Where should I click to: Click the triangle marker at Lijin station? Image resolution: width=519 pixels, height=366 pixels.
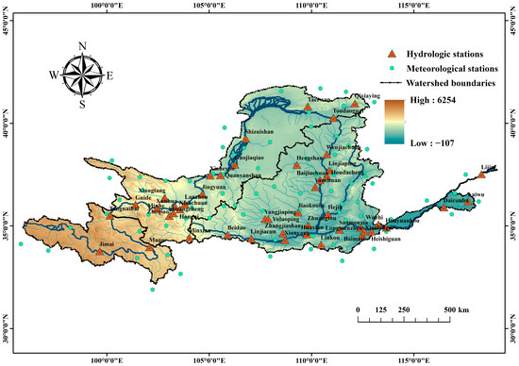tap(481, 174)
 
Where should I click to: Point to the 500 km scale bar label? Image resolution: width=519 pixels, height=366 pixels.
tap(459, 309)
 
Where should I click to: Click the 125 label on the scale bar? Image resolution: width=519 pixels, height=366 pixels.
tap(382, 309)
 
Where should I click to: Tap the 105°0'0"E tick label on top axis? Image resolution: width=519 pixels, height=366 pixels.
tap(208, 8)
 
